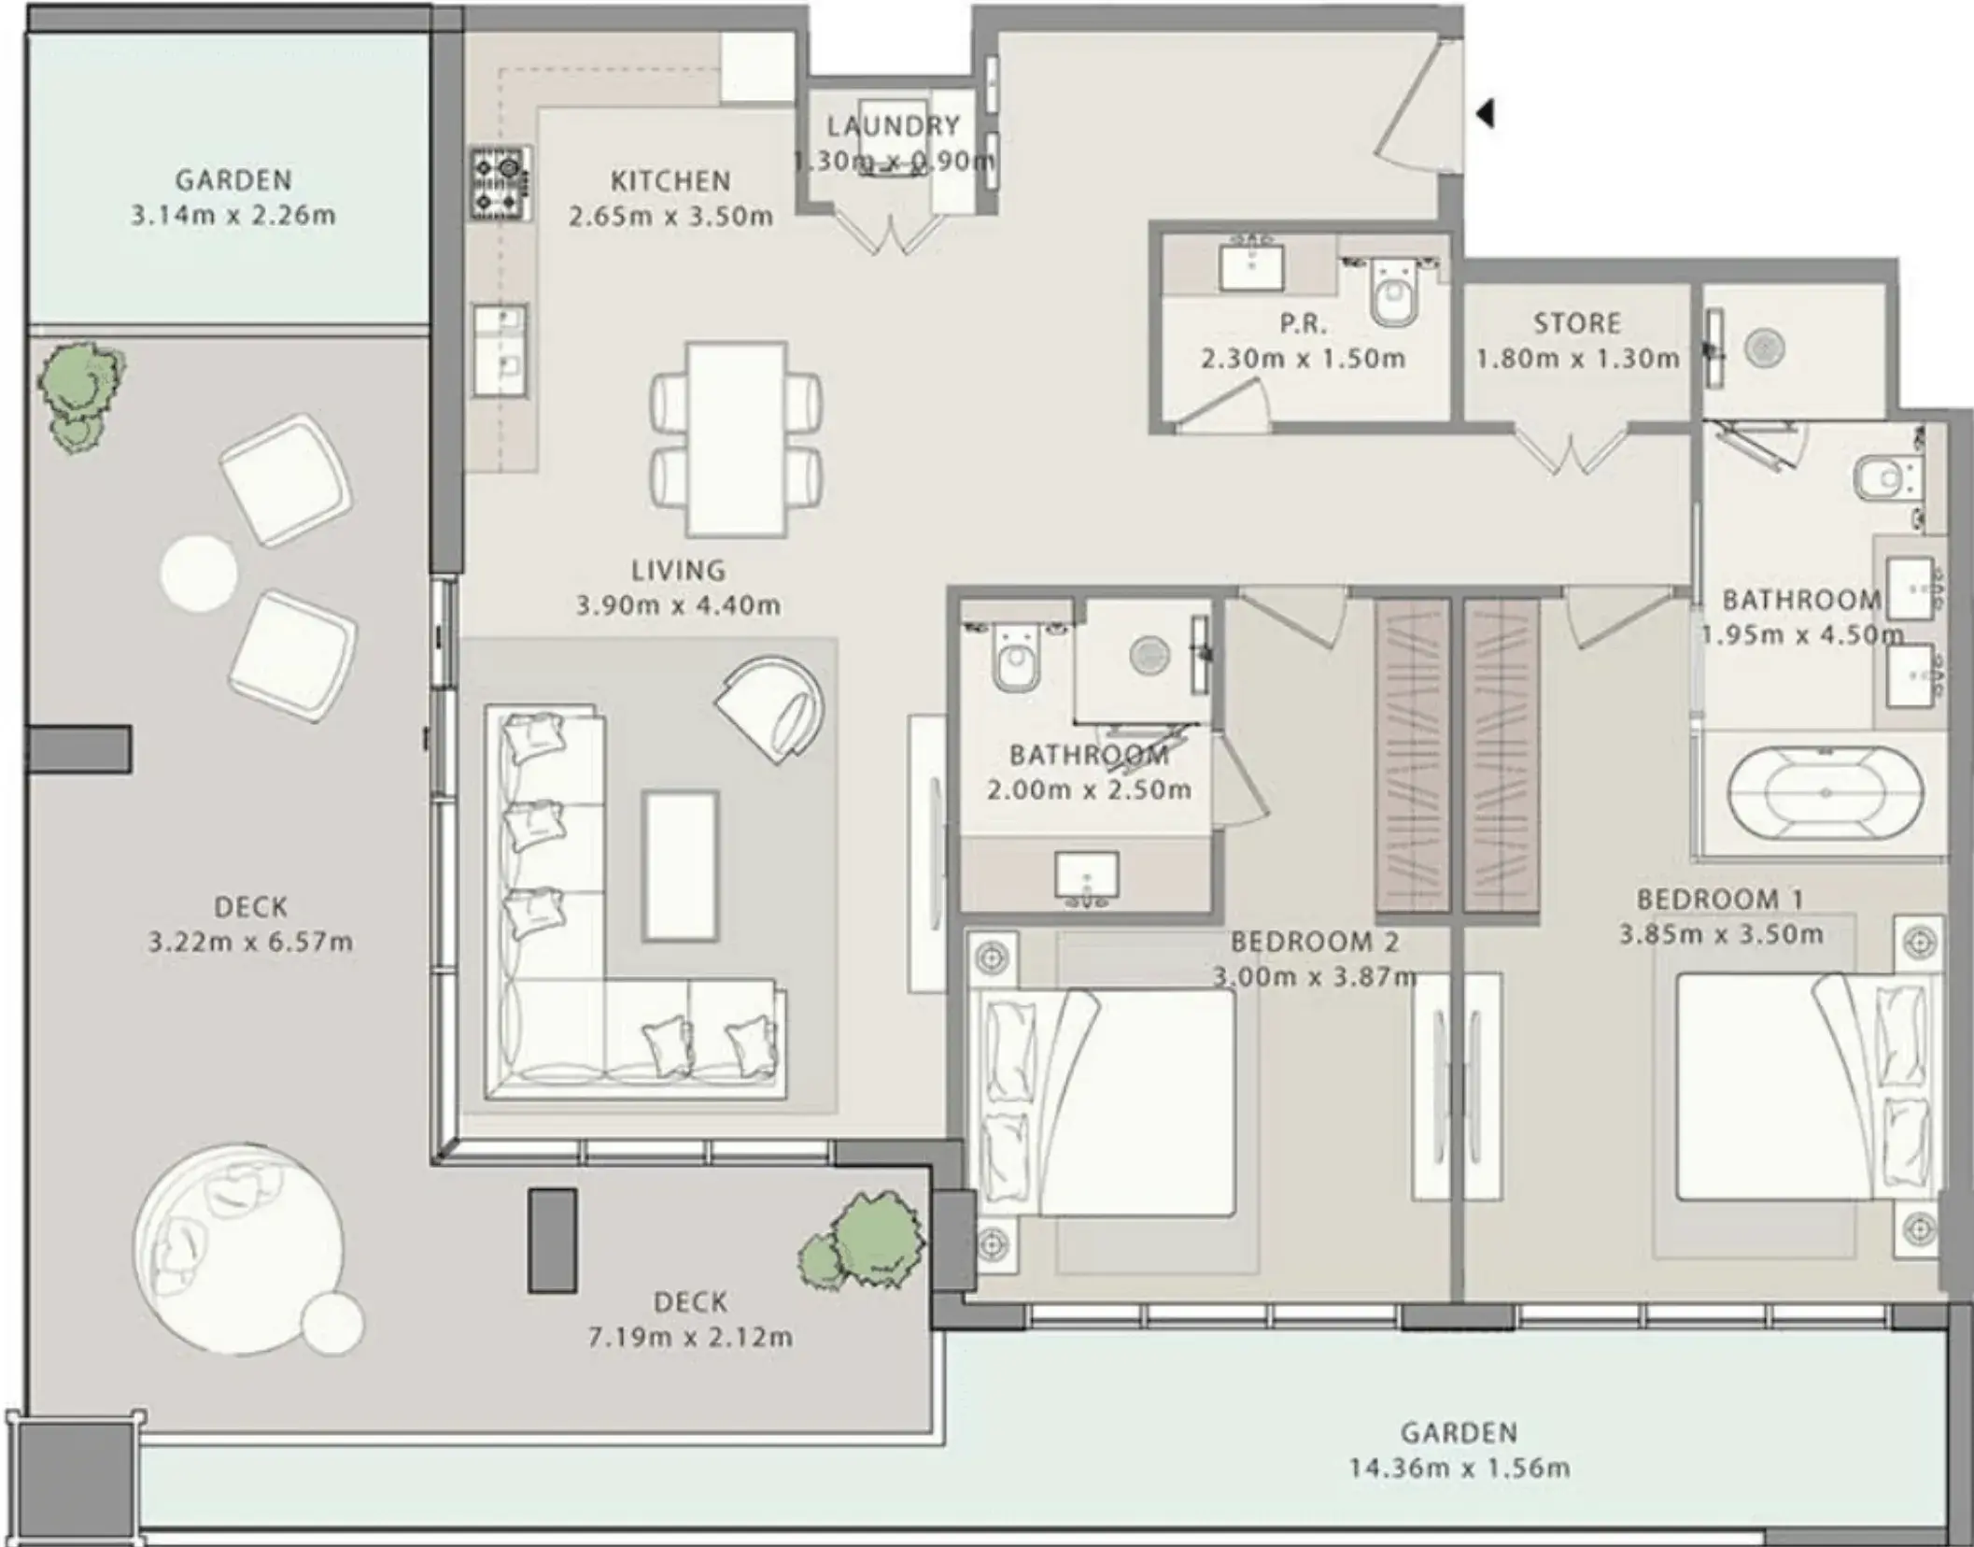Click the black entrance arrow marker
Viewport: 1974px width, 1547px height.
1486,114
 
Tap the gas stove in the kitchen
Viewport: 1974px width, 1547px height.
501,184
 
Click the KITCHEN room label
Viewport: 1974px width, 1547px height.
670,180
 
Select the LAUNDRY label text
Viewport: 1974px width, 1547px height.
893,125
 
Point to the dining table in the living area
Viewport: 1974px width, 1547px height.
736,439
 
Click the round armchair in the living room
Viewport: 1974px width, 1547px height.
771,708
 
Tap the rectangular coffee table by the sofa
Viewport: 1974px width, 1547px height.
680,866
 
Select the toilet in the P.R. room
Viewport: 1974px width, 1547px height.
1392,291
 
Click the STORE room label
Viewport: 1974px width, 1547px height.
1577,323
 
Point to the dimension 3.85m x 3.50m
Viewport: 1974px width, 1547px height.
1721,934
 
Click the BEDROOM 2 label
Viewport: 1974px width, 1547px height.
1315,942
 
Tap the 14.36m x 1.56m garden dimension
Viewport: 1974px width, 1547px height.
1459,1468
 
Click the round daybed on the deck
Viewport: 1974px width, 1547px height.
238,1250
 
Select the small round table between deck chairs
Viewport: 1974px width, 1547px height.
198,575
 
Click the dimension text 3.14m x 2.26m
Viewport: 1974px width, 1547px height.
233,215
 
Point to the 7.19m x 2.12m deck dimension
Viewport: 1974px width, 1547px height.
690,1337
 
